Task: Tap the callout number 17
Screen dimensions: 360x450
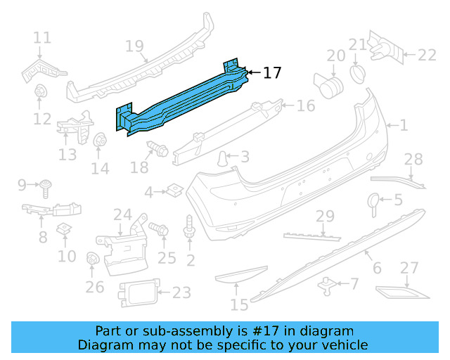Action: click(x=272, y=72)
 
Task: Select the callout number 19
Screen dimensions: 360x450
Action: click(x=134, y=46)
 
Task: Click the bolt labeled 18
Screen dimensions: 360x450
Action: click(x=154, y=148)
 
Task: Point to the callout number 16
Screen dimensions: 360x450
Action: click(x=305, y=106)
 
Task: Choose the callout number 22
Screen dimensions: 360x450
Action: click(x=427, y=55)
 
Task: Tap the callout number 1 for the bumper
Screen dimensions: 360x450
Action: click(x=404, y=126)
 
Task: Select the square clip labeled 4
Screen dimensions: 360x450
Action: click(x=173, y=189)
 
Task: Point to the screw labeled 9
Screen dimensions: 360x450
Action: click(x=47, y=186)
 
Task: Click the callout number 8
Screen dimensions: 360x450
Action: click(x=43, y=238)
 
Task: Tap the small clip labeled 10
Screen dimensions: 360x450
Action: click(x=64, y=228)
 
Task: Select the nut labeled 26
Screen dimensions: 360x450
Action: click(x=91, y=259)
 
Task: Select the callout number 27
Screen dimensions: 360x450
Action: click(x=409, y=268)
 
